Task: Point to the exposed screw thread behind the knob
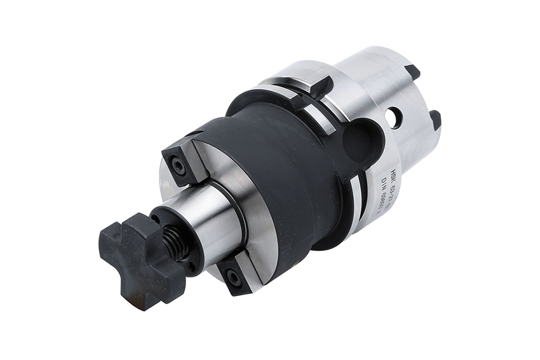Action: tap(172, 241)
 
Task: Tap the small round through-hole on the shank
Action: tap(396, 116)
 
